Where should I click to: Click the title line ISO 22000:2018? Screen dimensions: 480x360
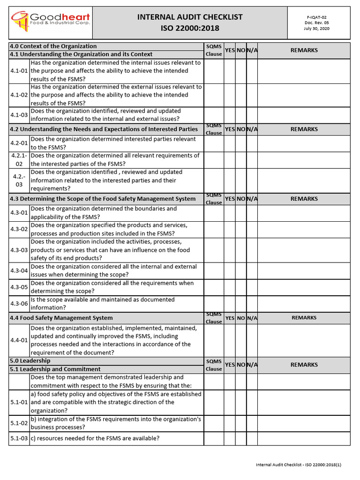coord(190,28)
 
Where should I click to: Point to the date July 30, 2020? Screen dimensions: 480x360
coord(317,29)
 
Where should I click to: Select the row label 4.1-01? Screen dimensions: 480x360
coord(19,71)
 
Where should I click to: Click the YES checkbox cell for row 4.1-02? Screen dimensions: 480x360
coord(229,95)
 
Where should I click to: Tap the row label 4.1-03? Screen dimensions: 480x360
coord(19,115)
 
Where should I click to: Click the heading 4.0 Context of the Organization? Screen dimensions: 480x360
coord(53,46)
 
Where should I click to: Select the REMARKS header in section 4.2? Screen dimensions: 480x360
coord(304,129)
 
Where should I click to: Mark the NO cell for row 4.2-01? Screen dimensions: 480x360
coord(241,143)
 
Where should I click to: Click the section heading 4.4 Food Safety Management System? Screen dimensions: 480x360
coord(61,318)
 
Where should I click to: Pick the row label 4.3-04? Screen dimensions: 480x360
coord(19,270)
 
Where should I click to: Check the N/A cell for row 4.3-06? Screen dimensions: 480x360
coord(252,304)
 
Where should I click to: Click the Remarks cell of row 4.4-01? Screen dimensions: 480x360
coord(304,340)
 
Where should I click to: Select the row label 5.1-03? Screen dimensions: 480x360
coord(19,438)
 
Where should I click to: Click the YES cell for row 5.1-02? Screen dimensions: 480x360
coord(229,423)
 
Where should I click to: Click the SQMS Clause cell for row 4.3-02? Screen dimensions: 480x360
coord(214,230)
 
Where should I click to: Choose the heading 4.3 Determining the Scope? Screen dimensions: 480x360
coord(103,199)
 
